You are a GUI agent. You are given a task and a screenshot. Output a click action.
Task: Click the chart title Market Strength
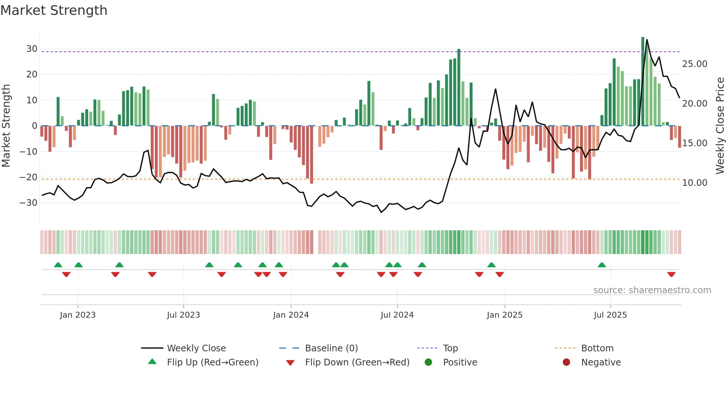pos(54,10)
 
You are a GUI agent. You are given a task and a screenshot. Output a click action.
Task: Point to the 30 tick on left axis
pos(32,49)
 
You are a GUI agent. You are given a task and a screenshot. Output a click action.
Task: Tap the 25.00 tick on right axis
pos(695,64)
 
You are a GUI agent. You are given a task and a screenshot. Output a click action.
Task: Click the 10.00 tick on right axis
pos(695,183)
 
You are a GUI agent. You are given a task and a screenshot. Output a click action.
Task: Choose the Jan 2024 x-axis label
pos(291,315)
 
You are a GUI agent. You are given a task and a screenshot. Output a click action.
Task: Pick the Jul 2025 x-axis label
pos(610,315)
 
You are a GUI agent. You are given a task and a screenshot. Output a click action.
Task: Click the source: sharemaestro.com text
pos(652,290)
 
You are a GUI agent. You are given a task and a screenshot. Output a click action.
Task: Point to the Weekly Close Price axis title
pos(720,126)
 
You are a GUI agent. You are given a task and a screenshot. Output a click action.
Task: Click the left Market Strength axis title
pos(6,126)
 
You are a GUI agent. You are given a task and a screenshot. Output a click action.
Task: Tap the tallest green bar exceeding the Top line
pos(643,81)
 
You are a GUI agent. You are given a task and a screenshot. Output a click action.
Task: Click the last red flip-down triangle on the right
pos(671,274)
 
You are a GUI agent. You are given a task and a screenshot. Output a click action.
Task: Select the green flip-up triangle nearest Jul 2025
pos(602,265)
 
